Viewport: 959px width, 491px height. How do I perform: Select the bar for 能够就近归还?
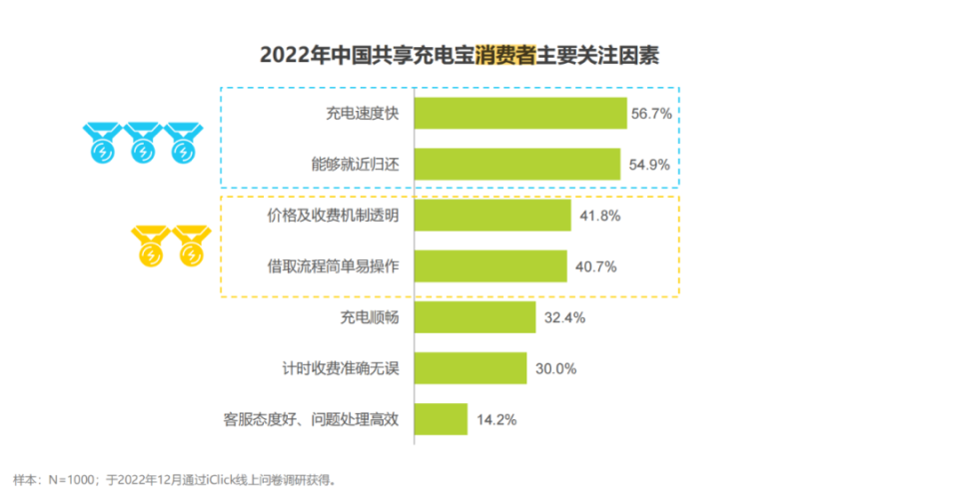[516, 165]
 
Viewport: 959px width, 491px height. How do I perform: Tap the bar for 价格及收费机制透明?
[491, 216]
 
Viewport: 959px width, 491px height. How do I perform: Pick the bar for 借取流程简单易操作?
[489, 266]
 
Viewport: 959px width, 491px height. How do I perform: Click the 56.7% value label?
[650, 115]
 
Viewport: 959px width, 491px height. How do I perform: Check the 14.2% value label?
[495, 420]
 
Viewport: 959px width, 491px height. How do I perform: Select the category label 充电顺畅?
[370, 318]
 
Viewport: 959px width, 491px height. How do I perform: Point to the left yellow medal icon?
[149, 246]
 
